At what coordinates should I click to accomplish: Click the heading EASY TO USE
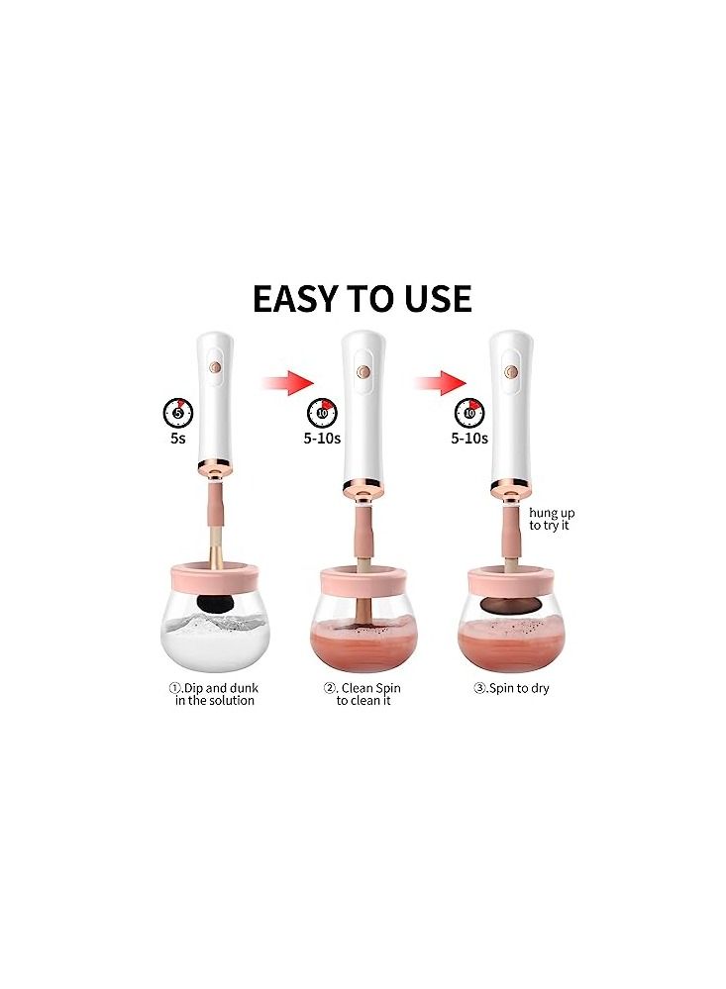362,298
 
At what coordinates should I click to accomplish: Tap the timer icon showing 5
177,410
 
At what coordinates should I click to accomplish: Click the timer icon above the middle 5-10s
323,411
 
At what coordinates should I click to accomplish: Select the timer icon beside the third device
469,411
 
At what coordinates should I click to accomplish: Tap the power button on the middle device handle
363,373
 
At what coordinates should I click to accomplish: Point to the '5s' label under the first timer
177,438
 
